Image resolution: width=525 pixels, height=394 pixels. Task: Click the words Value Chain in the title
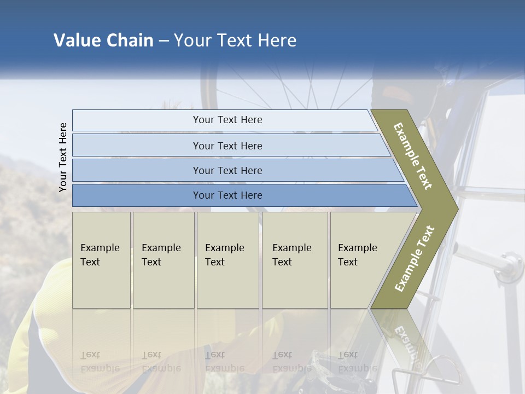[x=103, y=40]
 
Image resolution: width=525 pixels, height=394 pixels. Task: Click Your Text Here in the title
[x=235, y=40]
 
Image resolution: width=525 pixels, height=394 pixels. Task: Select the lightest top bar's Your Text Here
[x=227, y=120]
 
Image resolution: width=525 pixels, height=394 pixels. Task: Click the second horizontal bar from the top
[x=227, y=146]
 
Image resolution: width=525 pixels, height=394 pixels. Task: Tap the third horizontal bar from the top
[x=227, y=170]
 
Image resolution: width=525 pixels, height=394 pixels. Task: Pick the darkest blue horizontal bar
[x=227, y=195]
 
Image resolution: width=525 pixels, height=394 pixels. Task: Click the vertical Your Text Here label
[x=63, y=157]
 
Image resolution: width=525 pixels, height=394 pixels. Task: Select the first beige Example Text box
[x=101, y=255]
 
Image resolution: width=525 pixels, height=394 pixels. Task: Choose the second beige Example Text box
[x=162, y=255]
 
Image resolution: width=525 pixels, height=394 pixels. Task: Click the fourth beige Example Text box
[x=294, y=255]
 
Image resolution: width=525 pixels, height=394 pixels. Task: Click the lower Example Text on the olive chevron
[x=414, y=258]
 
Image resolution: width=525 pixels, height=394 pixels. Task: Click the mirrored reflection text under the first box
[x=100, y=362]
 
